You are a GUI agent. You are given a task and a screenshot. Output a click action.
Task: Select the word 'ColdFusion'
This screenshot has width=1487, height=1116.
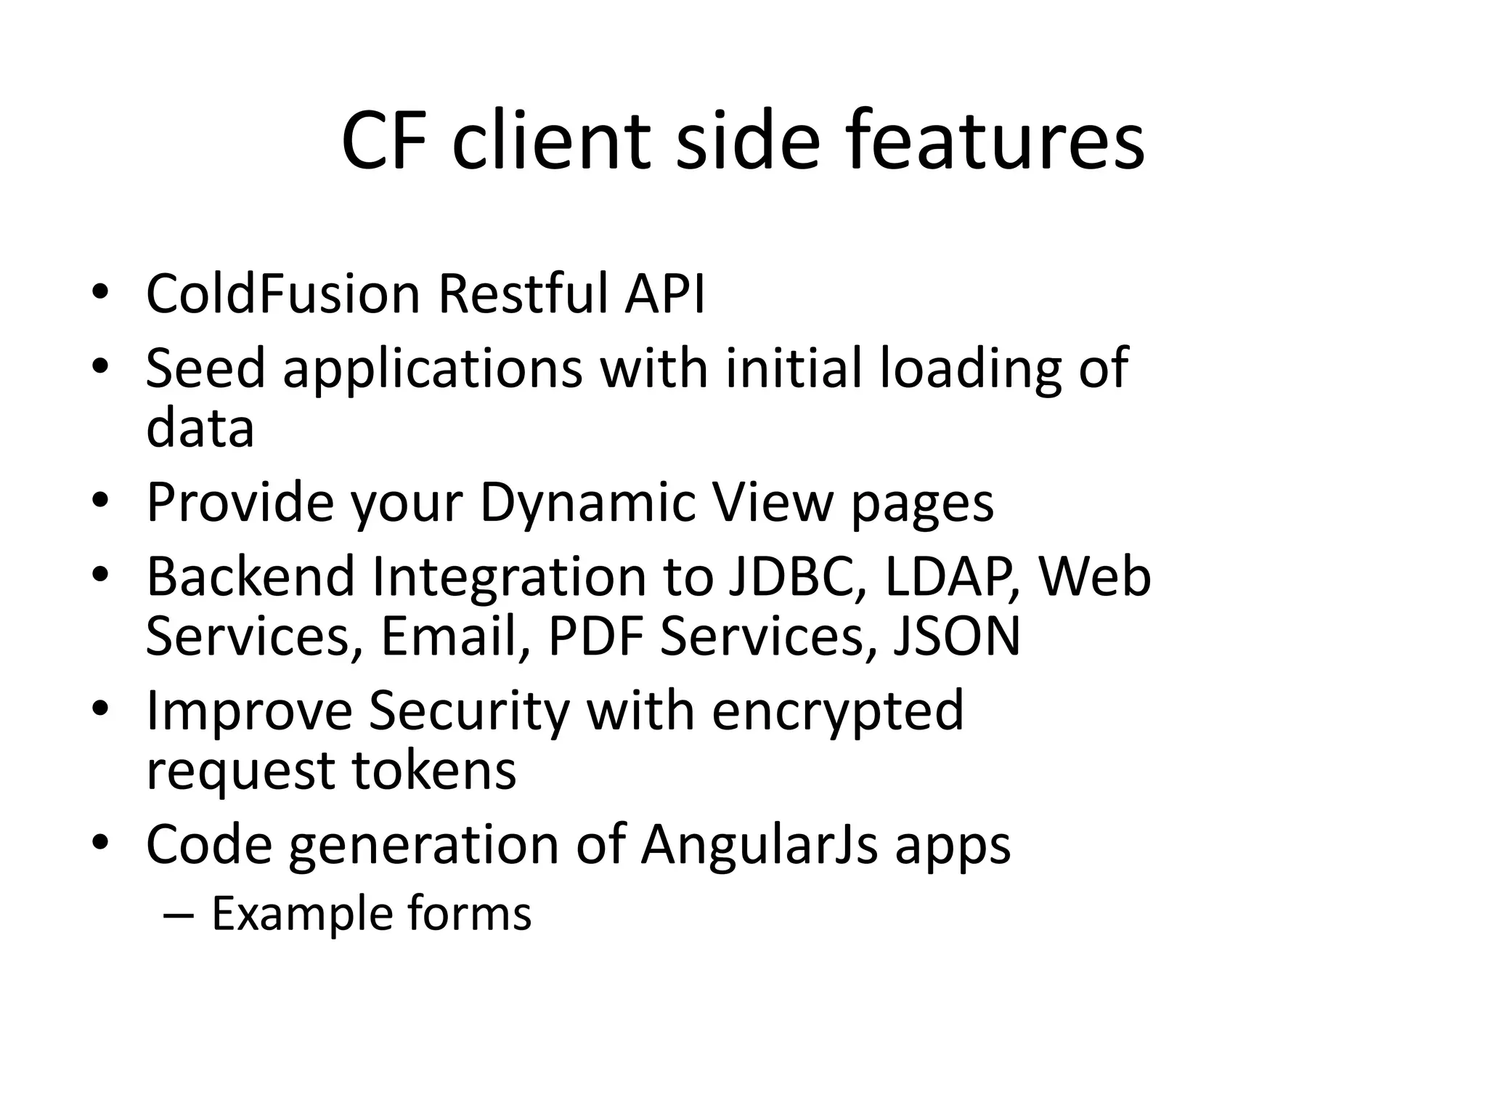coord(283,294)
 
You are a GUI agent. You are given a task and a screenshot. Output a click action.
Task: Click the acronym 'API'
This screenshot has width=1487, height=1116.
coord(664,294)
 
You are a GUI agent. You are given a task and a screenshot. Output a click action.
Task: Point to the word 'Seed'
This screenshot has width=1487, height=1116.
coord(205,368)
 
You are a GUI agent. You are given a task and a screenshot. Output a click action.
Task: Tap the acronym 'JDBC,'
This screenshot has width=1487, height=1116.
coord(797,576)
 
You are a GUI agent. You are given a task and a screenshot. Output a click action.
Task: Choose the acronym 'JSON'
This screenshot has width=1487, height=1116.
coord(956,636)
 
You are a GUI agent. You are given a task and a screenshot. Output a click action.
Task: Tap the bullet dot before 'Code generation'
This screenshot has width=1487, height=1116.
coord(100,842)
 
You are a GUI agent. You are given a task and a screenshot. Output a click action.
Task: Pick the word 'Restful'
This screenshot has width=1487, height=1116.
coord(522,294)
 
